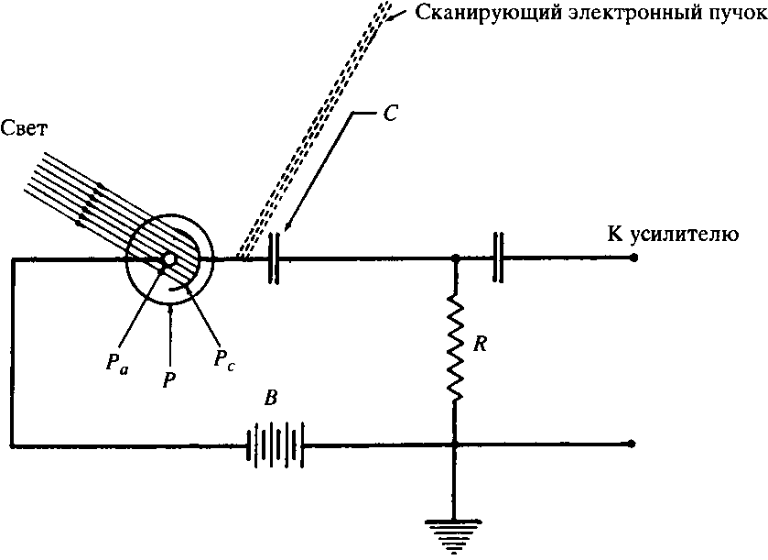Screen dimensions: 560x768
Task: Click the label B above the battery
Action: point(274,400)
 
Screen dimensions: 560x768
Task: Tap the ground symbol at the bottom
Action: point(455,530)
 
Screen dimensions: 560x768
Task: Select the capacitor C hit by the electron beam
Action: point(274,259)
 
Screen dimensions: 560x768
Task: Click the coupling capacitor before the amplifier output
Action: point(497,259)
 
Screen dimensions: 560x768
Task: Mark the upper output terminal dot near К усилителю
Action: point(634,259)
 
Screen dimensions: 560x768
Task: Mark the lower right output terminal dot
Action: point(634,445)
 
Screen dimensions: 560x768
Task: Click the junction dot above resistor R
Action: point(455,259)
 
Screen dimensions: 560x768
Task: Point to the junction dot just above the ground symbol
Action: point(455,445)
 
